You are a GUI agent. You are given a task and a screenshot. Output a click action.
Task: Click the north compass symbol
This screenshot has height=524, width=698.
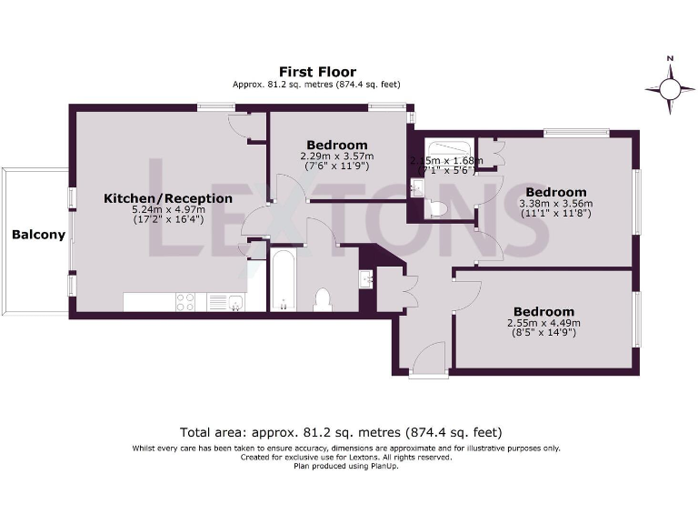(670, 87)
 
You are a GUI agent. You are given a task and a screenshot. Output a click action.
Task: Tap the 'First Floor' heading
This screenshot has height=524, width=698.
(317, 72)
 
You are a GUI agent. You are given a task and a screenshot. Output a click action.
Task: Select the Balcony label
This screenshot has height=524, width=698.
(38, 235)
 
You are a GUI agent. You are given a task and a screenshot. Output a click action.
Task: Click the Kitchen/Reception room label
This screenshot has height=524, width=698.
(167, 198)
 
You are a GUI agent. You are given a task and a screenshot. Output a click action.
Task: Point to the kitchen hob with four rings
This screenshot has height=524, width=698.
(187, 302)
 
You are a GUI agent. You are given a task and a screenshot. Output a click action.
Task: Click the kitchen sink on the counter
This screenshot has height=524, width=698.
(221, 302)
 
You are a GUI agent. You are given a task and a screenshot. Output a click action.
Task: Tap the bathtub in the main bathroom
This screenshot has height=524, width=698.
(283, 280)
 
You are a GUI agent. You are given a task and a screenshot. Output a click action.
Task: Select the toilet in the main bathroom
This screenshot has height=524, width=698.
(321, 298)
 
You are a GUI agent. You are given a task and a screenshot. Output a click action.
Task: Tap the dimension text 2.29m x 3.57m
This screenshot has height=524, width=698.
(336, 156)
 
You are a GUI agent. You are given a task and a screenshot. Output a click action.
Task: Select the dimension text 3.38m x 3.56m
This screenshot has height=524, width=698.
(554, 203)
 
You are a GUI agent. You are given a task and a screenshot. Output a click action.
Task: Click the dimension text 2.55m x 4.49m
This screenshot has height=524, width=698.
(543, 322)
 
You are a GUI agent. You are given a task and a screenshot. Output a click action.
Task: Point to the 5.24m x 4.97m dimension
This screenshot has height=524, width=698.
(167, 209)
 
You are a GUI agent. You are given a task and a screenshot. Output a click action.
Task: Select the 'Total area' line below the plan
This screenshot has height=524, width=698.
(341, 432)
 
